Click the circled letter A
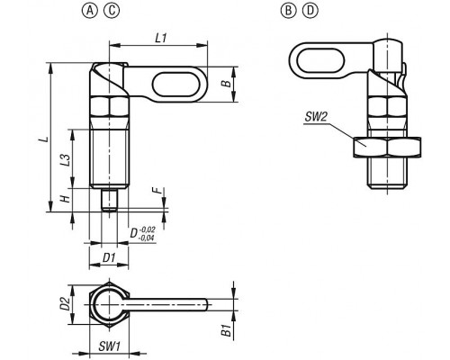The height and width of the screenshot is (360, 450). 90,11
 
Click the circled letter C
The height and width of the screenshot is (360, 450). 112,11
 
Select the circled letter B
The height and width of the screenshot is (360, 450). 288,11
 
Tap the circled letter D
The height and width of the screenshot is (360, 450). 310,11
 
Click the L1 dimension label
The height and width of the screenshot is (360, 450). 161,38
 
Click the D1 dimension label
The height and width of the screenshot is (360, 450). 109,257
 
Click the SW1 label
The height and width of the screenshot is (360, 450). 109,346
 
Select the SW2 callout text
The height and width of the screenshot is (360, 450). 316,117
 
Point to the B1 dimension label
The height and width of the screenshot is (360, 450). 226,330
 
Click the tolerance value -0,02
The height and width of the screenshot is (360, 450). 147,230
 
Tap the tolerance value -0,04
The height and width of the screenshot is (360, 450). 147,238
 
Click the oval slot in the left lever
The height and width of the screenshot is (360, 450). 174,85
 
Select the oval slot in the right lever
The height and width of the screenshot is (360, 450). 320,61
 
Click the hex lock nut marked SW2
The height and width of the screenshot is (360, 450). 387,148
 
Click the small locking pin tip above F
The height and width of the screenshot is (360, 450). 109,200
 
